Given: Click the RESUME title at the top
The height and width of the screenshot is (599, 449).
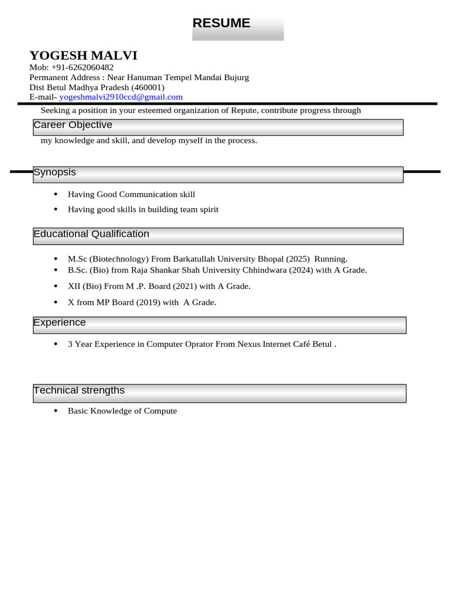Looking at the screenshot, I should point(221,23).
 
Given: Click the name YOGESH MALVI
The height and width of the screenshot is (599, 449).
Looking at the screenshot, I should point(84,56).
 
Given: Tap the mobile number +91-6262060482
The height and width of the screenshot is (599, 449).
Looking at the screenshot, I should point(82,67).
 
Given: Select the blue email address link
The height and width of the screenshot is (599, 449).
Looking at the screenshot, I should point(121,97).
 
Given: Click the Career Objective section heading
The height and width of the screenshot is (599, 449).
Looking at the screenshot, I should point(72,125).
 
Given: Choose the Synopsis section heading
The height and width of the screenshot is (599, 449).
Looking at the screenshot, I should point(54,173).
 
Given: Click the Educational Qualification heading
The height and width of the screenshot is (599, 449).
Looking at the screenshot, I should point(91,234).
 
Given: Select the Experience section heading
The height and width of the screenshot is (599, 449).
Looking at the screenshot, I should point(60,323).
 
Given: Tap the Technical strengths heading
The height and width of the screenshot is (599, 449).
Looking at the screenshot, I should point(79,391).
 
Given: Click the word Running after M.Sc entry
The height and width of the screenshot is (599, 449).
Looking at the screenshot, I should point(331,259).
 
